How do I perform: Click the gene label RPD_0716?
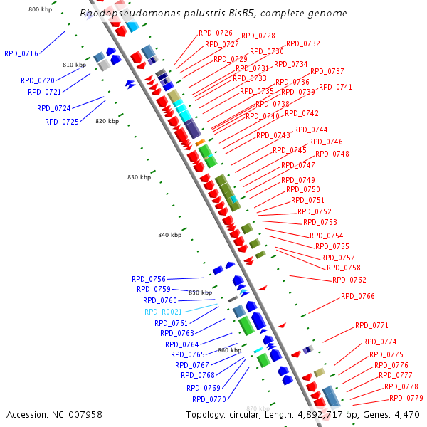tap(21, 53)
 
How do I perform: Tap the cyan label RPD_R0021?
tap(163, 312)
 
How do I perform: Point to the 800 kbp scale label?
tap(39, 9)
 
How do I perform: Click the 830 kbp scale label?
tap(139, 177)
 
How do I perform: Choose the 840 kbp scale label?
tap(169, 235)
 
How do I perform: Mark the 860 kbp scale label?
tap(229, 350)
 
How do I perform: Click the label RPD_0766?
tap(358, 296)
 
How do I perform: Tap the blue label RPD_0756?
tap(149, 279)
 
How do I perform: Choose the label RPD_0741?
tap(335, 87)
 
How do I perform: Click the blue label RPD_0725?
tap(62, 122)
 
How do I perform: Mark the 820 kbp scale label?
tap(107, 121)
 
